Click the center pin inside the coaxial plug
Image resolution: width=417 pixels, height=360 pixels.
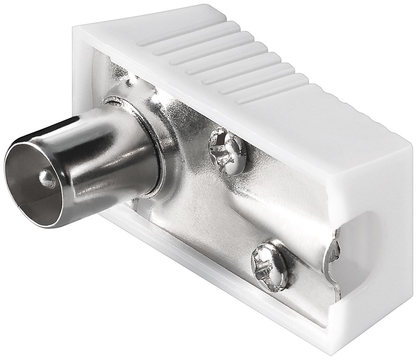tap(46, 179)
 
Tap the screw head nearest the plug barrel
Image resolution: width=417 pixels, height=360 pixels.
tap(226, 150)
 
